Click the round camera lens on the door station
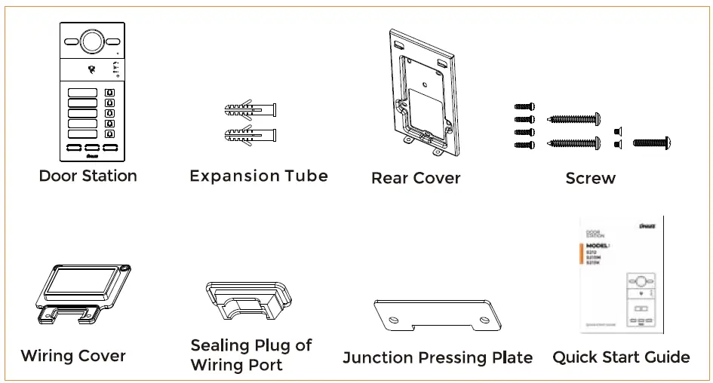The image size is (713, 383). (x=91, y=42)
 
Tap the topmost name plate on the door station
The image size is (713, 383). (x=83, y=93)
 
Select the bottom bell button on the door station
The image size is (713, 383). (x=110, y=134)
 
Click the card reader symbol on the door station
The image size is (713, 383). (x=92, y=70)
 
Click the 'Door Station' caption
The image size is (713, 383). (x=88, y=176)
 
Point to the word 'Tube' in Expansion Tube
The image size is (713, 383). (x=305, y=176)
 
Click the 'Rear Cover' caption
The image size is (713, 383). (x=415, y=179)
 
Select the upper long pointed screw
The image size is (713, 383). (x=573, y=119)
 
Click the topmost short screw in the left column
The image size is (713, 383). (x=524, y=107)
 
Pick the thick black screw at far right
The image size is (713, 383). (x=651, y=142)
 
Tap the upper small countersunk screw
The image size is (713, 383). (x=617, y=130)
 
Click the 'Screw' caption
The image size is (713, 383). (x=590, y=179)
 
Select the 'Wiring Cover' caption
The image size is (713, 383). (x=73, y=356)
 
